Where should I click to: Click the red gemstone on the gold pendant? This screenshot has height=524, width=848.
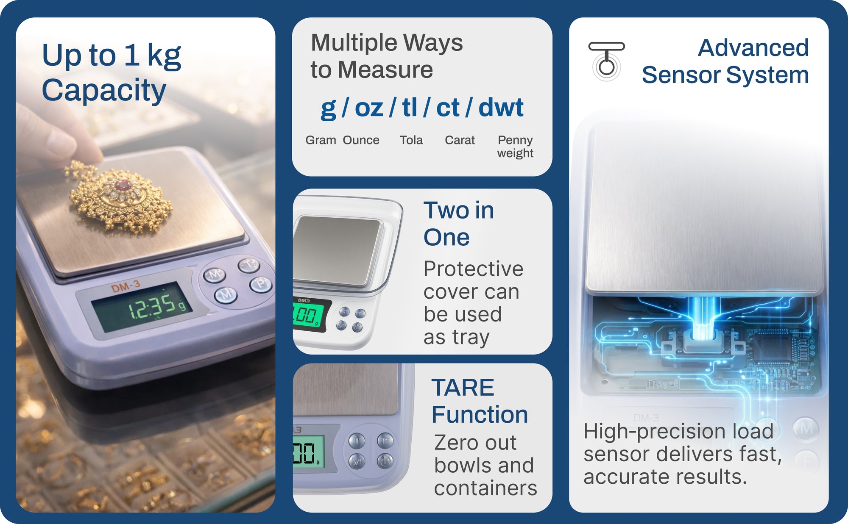pyautogui.click(x=123, y=186)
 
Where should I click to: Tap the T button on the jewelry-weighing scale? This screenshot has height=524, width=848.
pyautogui.click(x=249, y=265)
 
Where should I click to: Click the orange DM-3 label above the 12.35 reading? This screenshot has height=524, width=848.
pyautogui.click(x=126, y=287)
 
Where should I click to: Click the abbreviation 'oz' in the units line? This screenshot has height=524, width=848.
pyautogui.click(x=369, y=108)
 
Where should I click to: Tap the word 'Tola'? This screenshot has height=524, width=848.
pyautogui.click(x=411, y=140)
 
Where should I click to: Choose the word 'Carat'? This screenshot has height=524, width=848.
pyautogui.click(x=460, y=140)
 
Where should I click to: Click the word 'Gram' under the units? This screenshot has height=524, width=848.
pyautogui.click(x=321, y=140)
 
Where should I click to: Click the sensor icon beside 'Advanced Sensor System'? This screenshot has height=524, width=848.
pyautogui.click(x=607, y=61)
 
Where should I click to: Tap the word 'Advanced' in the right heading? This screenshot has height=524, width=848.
pyautogui.click(x=753, y=47)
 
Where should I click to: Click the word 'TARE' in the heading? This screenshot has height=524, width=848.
pyautogui.click(x=463, y=388)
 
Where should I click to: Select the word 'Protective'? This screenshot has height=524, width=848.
pyautogui.click(x=474, y=269)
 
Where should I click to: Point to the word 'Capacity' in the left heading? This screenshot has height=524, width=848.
pyautogui.click(x=104, y=91)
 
